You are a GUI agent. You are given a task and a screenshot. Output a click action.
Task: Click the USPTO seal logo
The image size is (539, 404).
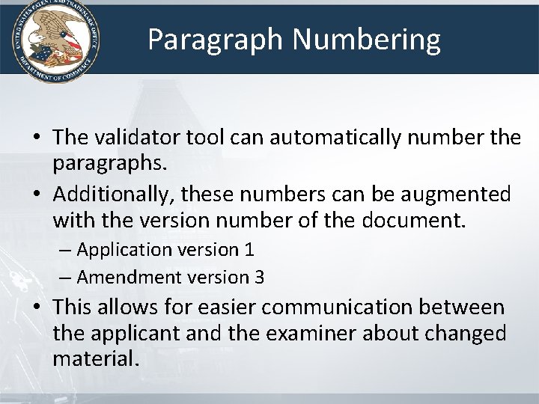tap(52, 40)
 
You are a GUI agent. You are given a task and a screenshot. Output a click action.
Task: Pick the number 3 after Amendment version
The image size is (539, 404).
tap(259, 278)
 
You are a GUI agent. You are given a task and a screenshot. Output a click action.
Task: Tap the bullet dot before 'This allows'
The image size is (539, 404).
tap(36, 308)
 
